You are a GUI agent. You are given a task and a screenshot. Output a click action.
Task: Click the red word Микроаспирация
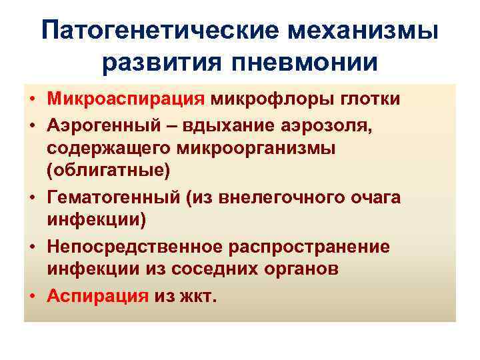(125, 100)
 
